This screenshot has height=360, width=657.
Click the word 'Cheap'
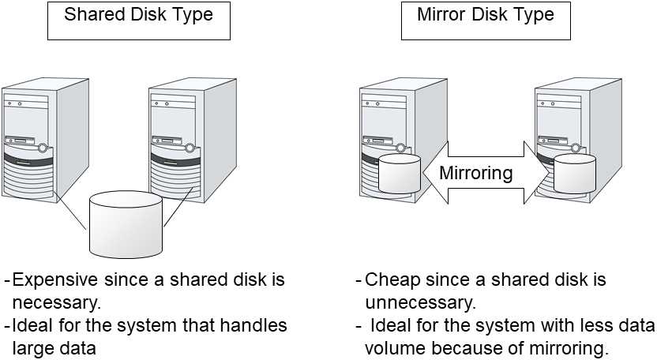pyautogui.click(x=390, y=280)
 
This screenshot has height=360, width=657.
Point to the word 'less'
pyautogui.click(x=584, y=324)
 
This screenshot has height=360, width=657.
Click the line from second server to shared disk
pyautogui.click(x=178, y=208)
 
